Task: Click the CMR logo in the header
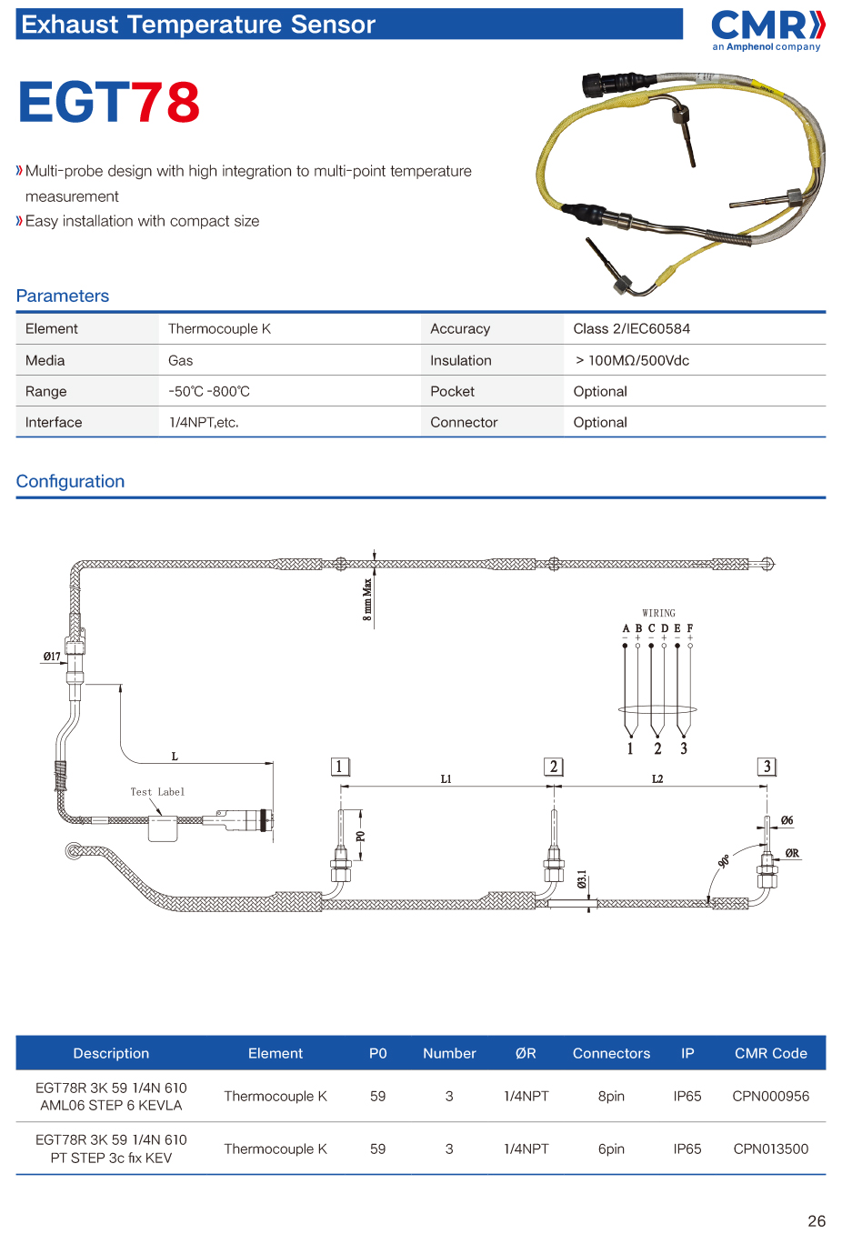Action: [767, 27]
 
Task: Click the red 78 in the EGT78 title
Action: [165, 102]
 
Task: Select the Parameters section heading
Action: [63, 296]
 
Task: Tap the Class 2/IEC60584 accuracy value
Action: [631, 328]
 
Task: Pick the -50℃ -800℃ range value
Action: [209, 391]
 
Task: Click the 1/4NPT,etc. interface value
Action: [204, 422]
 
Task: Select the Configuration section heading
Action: [70, 481]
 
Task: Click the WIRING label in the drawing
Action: [658, 613]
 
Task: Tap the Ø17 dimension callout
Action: [52, 657]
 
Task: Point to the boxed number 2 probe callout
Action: [553, 767]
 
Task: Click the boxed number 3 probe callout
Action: [767, 767]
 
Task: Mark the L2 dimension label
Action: [657, 779]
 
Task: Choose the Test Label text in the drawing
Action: [157, 792]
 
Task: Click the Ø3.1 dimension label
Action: [582, 880]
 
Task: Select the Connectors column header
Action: [611, 1053]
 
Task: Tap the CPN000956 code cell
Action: [770, 1096]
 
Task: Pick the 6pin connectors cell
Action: [611, 1149]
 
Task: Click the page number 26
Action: [816, 1220]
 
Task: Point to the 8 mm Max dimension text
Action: [367, 599]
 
